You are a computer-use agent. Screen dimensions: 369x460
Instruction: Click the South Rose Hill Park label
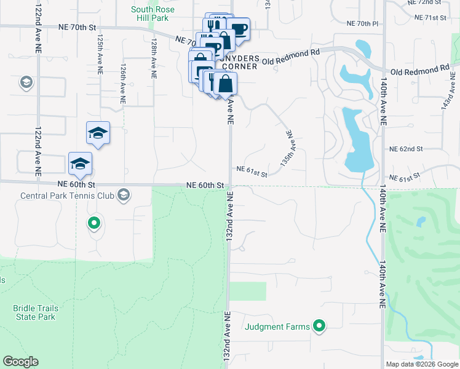click(x=153, y=14)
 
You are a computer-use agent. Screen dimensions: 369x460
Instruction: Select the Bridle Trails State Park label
click(x=34, y=312)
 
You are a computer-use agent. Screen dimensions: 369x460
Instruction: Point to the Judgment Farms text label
click(x=278, y=327)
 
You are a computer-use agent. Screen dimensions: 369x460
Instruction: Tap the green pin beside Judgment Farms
click(x=319, y=326)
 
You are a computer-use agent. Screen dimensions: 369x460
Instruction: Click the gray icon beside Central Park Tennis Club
click(x=124, y=196)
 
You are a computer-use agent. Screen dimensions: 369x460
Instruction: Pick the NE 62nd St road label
click(x=406, y=149)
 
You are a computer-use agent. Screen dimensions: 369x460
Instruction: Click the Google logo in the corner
click(x=20, y=362)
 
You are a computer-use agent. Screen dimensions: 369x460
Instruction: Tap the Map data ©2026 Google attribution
click(x=422, y=364)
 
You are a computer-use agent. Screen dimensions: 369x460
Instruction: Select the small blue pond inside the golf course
click(x=421, y=221)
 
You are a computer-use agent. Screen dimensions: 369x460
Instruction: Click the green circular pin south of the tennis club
click(x=94, y=223)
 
